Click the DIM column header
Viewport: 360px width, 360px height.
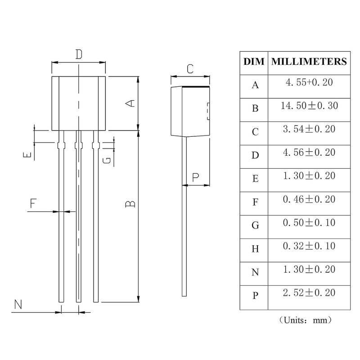click(254, 62)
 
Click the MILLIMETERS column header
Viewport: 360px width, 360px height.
click(309, 62)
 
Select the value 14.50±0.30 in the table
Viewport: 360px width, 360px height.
click(309, 106)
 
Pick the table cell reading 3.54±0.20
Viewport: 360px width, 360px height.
click(309, 129)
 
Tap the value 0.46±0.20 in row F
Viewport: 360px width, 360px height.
click(309, 199)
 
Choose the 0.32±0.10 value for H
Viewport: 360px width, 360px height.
click(309, 246)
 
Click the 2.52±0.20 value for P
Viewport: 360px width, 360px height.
click(309, 293)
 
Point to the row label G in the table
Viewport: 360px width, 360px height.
click(255, 225)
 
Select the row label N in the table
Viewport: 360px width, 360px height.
click(255, 272)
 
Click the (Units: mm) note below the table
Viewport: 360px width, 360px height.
click(306, 320)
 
